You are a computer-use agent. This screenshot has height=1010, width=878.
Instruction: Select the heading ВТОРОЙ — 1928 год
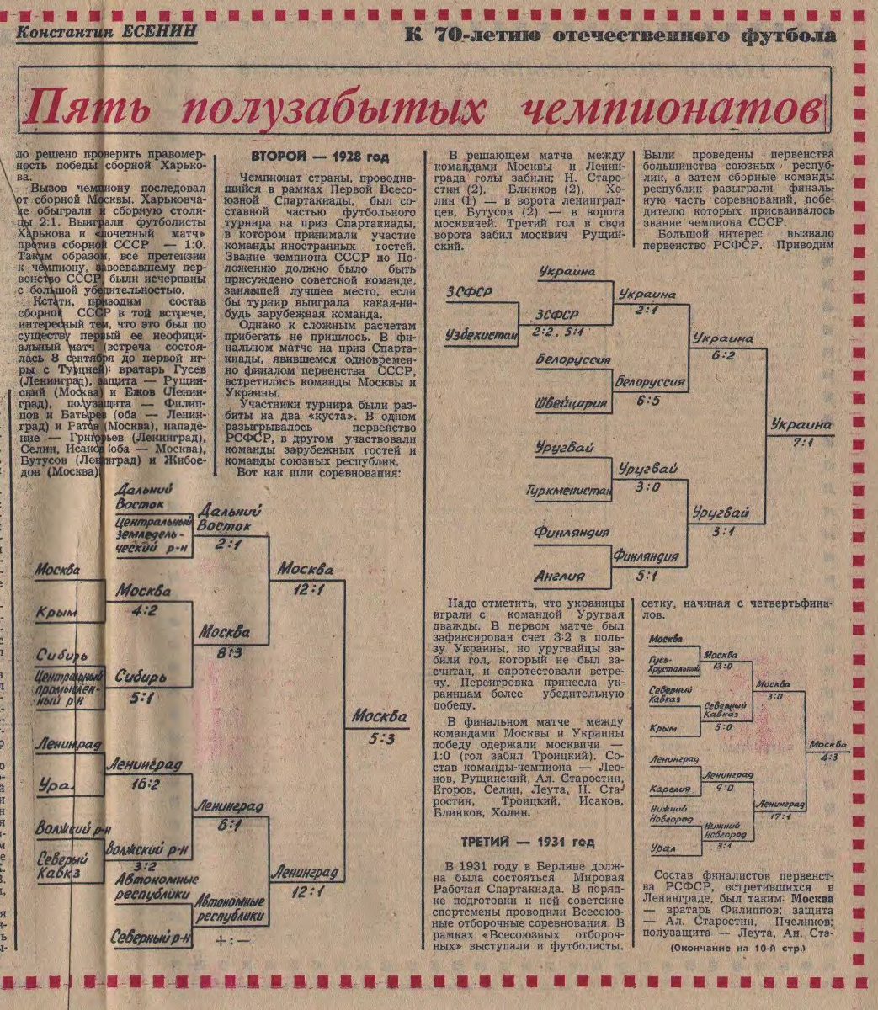320,157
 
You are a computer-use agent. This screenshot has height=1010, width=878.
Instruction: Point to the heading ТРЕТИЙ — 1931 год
528,843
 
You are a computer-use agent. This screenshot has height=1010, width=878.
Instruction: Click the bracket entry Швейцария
571,403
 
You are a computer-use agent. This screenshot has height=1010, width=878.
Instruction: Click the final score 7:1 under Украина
801,444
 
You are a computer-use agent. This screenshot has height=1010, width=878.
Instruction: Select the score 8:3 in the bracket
229,651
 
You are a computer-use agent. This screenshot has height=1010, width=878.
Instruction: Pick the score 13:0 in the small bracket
722,666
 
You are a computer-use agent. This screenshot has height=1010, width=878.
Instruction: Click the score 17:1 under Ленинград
772,816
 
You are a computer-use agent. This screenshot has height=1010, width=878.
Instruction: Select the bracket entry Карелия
671,789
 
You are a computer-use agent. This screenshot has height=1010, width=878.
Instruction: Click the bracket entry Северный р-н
152,937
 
